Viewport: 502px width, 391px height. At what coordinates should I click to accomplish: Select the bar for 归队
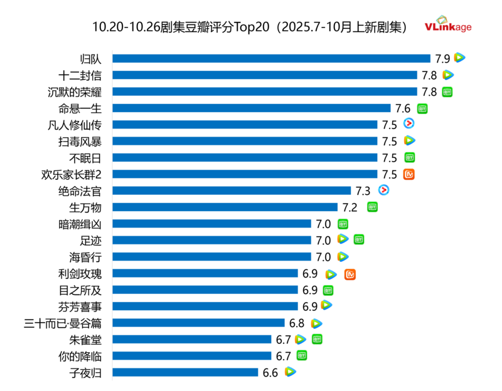(x=271, y=58)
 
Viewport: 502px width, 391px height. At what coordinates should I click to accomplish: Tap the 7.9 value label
(x=442, y=58)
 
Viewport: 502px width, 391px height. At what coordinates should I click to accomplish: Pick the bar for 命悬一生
(x=251, y=108)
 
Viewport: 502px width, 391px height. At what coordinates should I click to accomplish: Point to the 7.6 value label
(x=403, y=108)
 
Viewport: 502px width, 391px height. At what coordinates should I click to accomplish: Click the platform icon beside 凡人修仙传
(x=409, y=124)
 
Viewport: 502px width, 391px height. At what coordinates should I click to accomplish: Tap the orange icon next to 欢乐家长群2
(x=409, y=174)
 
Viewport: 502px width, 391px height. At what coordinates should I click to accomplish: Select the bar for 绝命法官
(x=232, y=190)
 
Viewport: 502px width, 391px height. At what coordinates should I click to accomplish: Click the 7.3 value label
(x=363, y=190)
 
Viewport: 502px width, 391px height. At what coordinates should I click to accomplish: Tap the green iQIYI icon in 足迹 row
(x=358, y=239)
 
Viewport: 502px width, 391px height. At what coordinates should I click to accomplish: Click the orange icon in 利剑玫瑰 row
(x=350, y=274)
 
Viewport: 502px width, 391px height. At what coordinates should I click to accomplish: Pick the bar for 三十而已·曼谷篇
(x=198, y=323)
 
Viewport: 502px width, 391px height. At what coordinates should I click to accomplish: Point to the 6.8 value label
(x=297, y=323)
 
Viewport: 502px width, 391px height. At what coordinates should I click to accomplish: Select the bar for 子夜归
(x=185, y=372)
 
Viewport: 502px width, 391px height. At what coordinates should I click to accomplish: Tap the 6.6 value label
(x=270, y=372)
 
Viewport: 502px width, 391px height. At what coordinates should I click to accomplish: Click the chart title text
(x=251, y=27)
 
